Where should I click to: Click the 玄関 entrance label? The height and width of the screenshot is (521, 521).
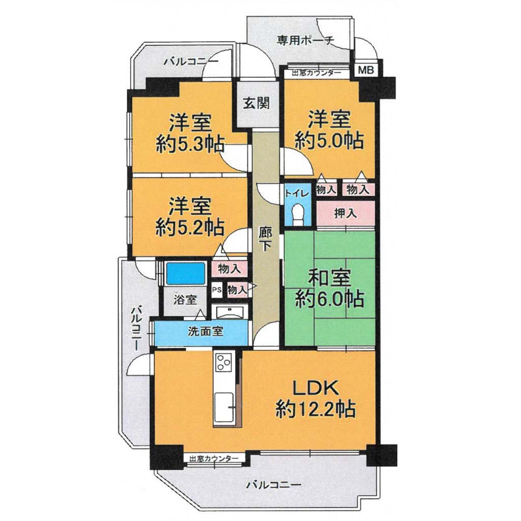coord(256,103)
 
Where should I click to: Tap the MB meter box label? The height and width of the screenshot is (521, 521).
coord(366,70)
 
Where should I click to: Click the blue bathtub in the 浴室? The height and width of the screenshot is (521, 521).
coord(186,273)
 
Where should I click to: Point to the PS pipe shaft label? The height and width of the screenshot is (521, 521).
coord(217,290)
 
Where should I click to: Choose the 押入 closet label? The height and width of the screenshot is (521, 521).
coord(345,214)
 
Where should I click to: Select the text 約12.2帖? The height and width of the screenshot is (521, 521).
coord(315,409)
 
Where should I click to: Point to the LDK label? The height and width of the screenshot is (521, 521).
coord(315,388)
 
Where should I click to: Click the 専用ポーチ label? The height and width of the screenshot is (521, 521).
coord(306,41)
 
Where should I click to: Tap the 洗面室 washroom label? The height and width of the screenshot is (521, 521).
coord(205,332)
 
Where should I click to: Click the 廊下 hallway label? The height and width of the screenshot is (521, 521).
coord(265,239)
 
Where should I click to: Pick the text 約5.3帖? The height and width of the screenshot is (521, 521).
coord(190,144)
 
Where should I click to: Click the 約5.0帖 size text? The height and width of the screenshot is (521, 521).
coord(329,140)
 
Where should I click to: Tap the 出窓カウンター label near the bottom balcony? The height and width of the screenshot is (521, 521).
coord(214,458)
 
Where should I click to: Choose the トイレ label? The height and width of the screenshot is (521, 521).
coord(297,193)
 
